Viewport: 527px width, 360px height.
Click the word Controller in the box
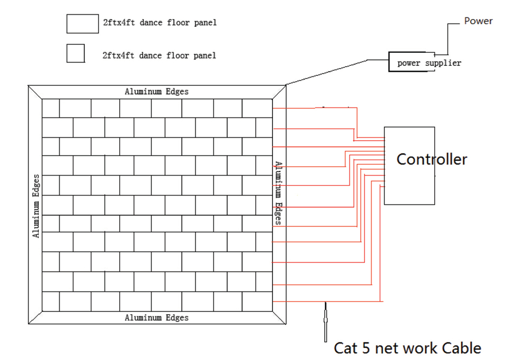(431, 159)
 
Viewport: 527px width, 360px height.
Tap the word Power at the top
(478, 21)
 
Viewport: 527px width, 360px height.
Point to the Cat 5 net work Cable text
(407, 348)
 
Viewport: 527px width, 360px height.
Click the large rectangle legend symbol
(82, 24)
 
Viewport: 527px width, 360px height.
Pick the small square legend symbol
(75, 54)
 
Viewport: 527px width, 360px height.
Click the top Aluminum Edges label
(157, 92)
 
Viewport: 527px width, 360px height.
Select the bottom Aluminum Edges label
(157, 317)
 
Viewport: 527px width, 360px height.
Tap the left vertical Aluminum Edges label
(36, 206)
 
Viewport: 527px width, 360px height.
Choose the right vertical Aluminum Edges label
(278, 193)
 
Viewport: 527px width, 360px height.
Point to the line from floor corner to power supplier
(337, 71)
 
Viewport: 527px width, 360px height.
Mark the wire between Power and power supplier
(447, 40)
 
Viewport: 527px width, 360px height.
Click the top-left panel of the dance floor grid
(51, 108)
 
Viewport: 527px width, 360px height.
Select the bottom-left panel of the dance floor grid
(51, 301)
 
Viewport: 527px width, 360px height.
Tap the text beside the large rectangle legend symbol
(160, 23)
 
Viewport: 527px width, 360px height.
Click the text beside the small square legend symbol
(159, 55)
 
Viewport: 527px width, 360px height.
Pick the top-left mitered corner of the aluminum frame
(35, 92)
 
